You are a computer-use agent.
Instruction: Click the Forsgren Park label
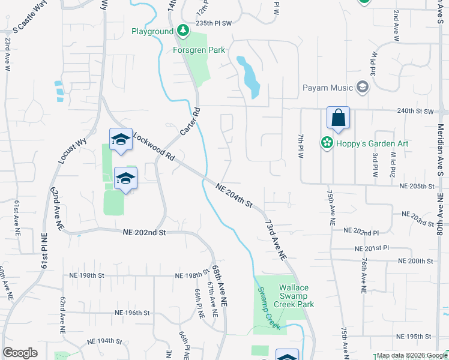pos(199,50)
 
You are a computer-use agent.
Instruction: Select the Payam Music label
pos(327,88)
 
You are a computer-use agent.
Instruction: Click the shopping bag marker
pos(338,118)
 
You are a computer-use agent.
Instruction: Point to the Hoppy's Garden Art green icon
pos(327,143)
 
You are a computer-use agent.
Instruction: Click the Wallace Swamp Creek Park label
pos(297,296)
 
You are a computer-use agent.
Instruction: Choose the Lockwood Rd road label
pos(154,147)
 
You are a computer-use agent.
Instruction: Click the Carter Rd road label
pos(190,121)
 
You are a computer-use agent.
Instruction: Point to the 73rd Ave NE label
pos(274,238)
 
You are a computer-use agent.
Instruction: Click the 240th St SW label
pos(415,112)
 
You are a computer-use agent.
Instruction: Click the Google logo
pos(20,353)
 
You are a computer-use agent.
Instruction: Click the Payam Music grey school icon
pos(363,88)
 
